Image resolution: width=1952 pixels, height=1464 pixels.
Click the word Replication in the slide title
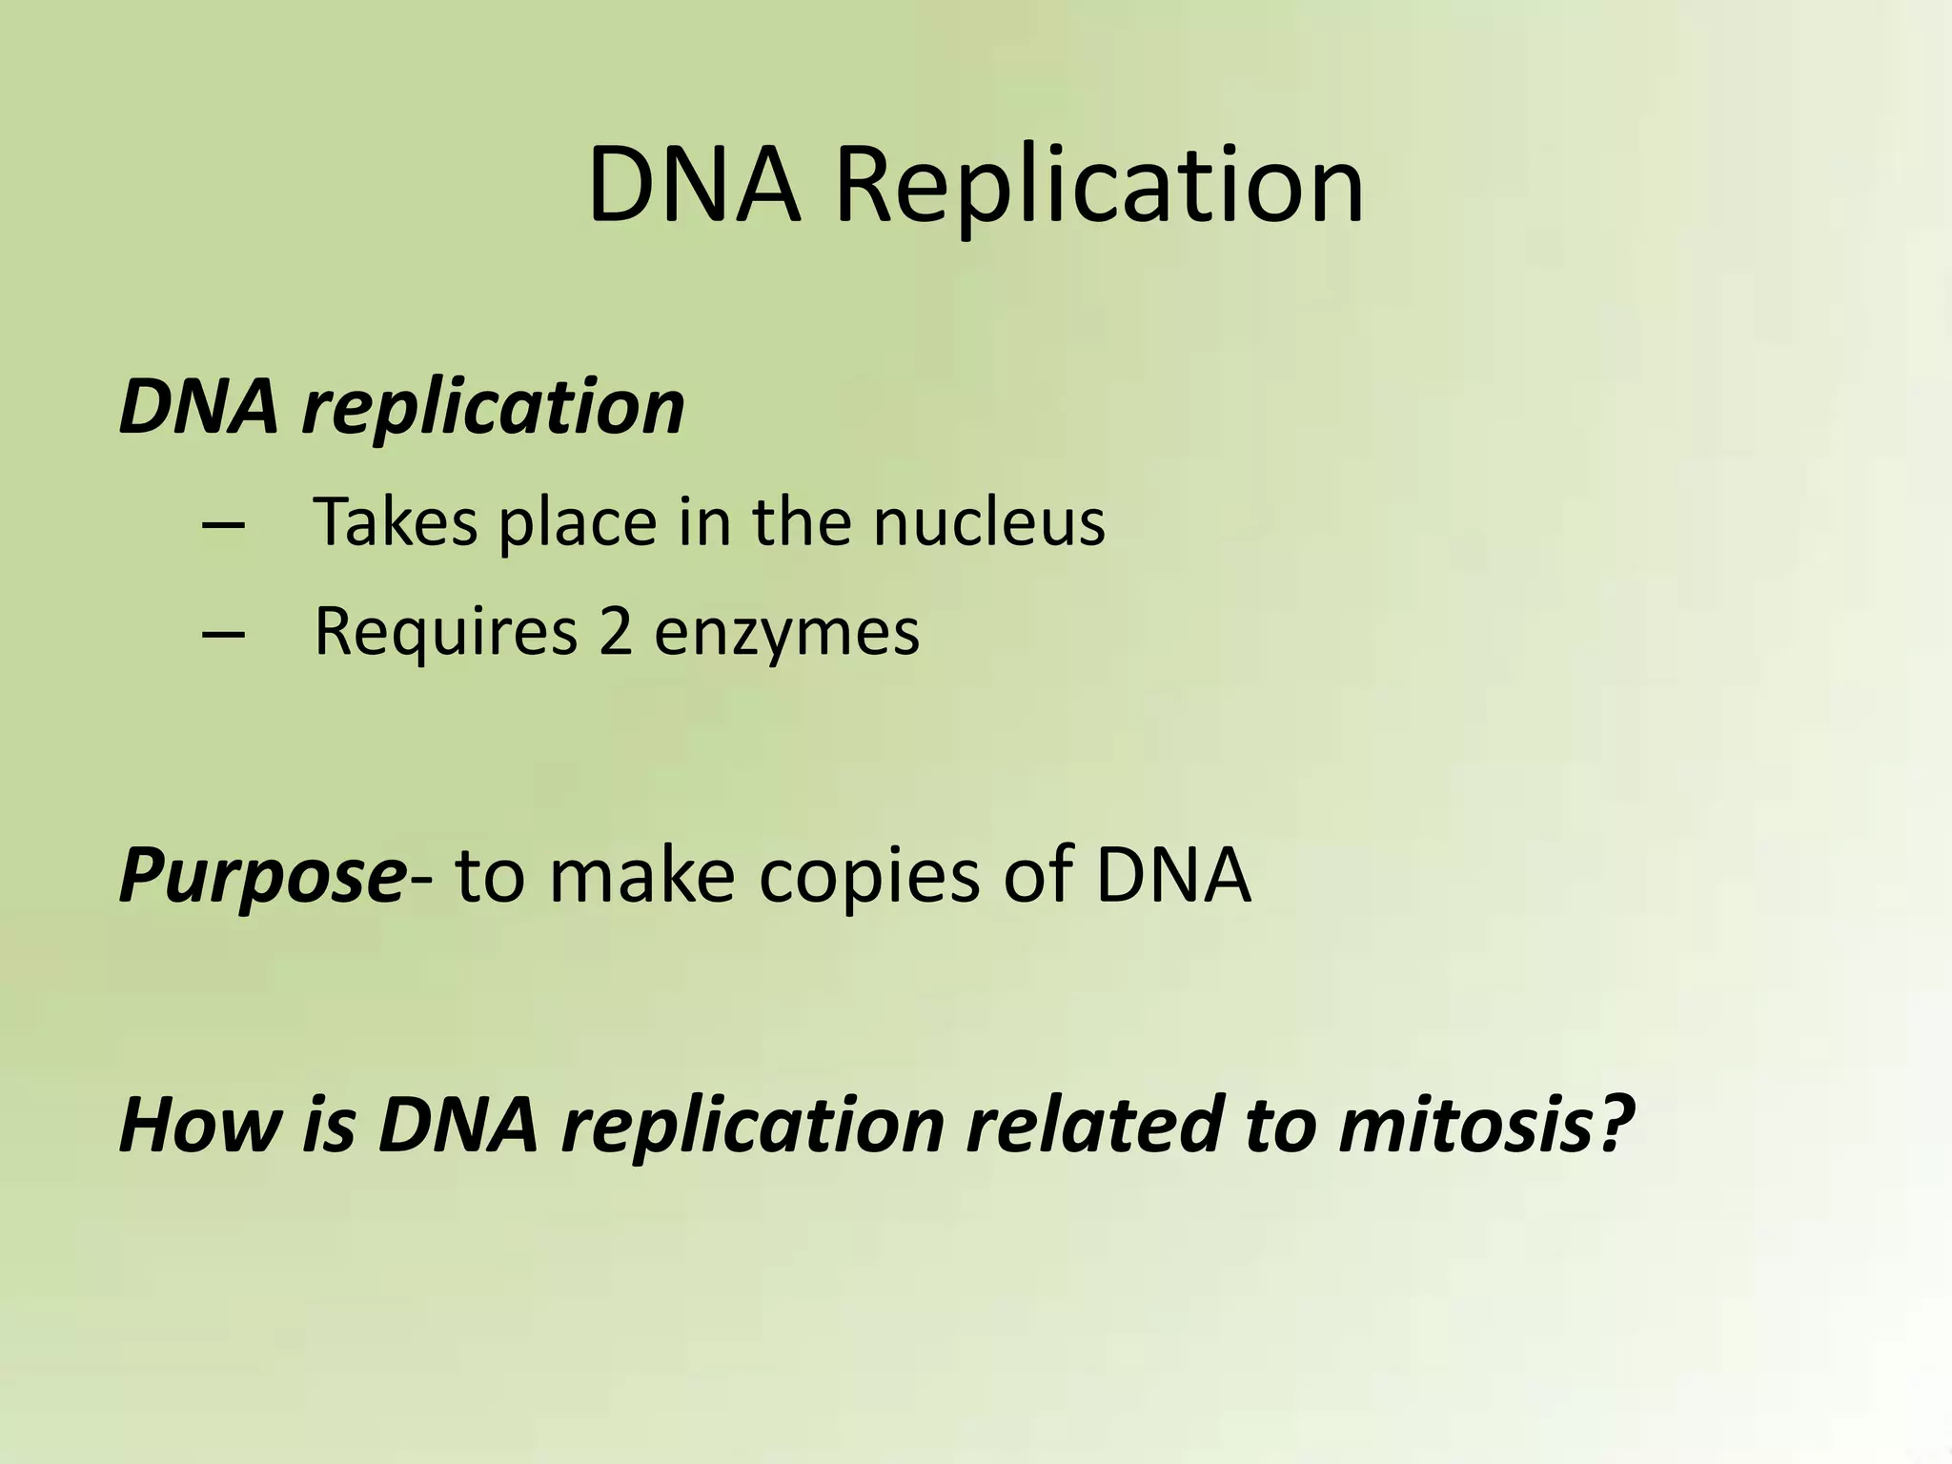[x=1099, y=187]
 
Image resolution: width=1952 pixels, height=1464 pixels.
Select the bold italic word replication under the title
[x=493, y=408]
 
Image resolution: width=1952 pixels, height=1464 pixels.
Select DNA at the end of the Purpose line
[x=1172, y=875]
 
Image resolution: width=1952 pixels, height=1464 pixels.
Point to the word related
[x=1093, y=1125]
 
